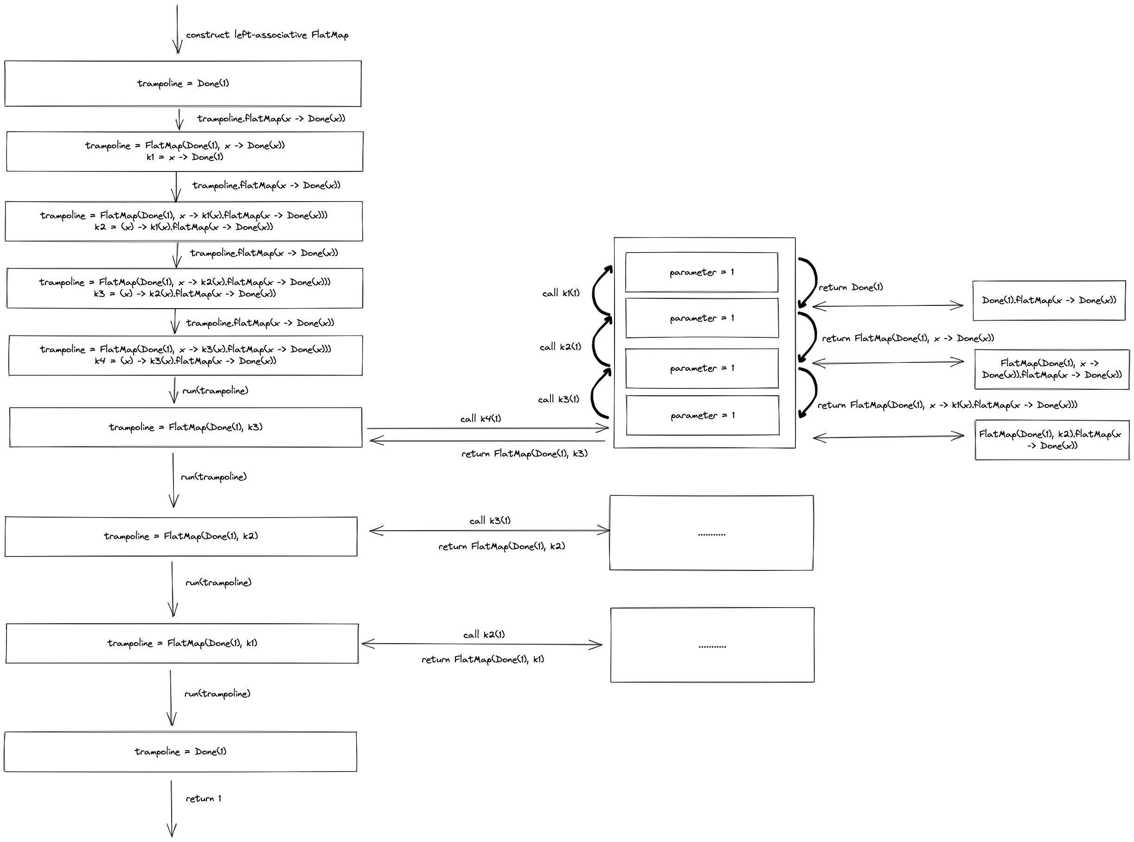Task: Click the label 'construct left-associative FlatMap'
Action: (267, 35)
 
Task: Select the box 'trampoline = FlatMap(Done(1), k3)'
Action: (186, 427)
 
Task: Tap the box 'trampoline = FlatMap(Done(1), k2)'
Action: (181, 536)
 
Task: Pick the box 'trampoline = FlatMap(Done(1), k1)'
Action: (182, 643)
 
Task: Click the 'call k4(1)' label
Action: (481, 418)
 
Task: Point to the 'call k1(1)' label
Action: (561, 293)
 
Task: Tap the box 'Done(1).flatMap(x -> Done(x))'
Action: (1049, 300)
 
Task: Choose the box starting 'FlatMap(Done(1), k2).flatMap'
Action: (1052, 440)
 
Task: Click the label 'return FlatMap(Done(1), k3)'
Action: (525, 454)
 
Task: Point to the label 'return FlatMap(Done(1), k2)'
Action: (502, 546)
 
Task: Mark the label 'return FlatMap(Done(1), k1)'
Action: (482, 659)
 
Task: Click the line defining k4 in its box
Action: (186, 361)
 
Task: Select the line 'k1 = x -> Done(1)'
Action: (185, 157)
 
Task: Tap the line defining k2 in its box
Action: (184, 227)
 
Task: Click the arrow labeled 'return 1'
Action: (172, 808)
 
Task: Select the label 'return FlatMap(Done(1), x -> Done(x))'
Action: (908, 338)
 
